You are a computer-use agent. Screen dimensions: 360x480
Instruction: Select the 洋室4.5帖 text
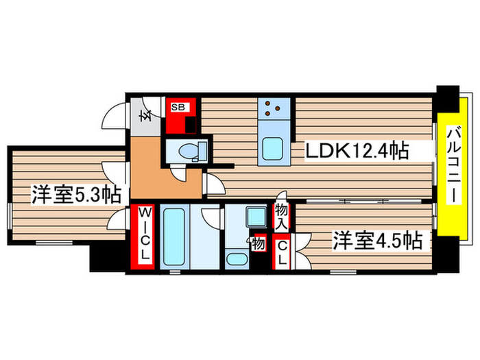click(x=376, y=241)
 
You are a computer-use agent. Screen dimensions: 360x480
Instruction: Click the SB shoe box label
click(x=178, y=106)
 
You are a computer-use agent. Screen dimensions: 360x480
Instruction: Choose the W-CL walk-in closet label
click(x=145, y=235)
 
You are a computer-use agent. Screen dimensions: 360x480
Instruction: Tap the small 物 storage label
click(x=259, y=243)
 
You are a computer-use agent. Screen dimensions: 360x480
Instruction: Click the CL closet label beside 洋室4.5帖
click(x=281, y=252)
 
